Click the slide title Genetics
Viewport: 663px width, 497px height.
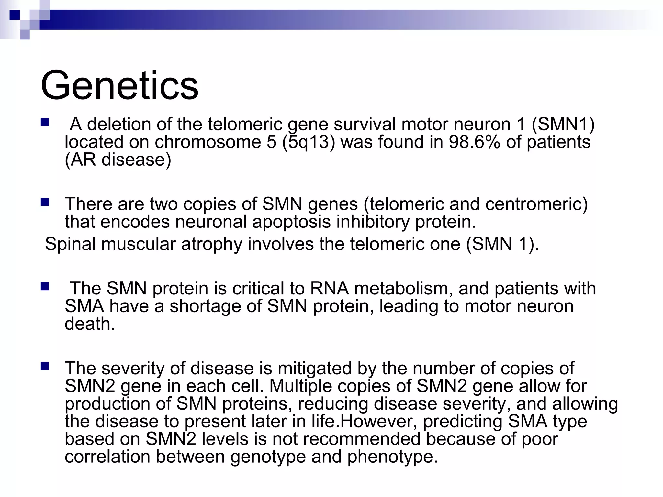click(119, 85)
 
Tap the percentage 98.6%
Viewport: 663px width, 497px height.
click(474, 142)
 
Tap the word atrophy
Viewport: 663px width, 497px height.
click(211, 244)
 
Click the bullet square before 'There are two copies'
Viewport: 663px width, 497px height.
click(45, 203)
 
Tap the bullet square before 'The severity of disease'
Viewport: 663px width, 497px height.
click(45, 367)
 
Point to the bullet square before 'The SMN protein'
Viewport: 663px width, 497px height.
click(45, 287)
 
